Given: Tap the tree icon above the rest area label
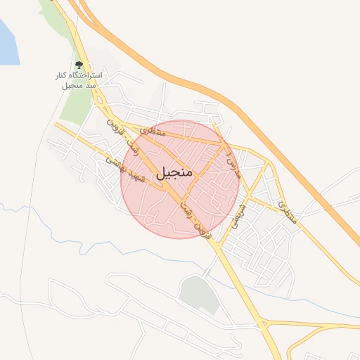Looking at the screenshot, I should [x=79, y=65].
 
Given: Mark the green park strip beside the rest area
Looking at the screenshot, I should [x=74, y=105].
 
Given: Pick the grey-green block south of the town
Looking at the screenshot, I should [x=199, y=294].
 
